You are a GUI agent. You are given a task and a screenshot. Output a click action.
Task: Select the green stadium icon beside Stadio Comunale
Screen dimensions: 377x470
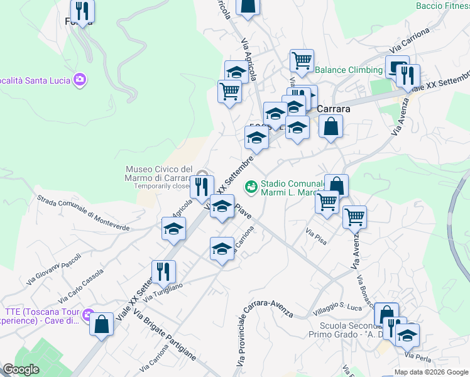pos(251,187)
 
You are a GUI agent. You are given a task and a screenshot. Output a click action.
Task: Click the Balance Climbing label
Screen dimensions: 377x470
pos(349,70)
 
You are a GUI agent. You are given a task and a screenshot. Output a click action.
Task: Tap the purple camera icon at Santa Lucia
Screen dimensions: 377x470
pos(80,80)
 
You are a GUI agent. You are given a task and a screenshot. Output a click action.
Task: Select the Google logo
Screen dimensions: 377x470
pos(21,369)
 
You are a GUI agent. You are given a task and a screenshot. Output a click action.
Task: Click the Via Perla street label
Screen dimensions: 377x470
pos(418,356)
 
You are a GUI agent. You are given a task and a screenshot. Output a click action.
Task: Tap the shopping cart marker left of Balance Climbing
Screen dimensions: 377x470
pos(302,60)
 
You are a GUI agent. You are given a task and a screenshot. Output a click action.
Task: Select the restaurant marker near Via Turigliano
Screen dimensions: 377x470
pos(163,271)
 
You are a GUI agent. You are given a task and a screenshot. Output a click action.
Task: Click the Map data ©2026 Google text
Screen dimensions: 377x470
pos(431,372)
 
